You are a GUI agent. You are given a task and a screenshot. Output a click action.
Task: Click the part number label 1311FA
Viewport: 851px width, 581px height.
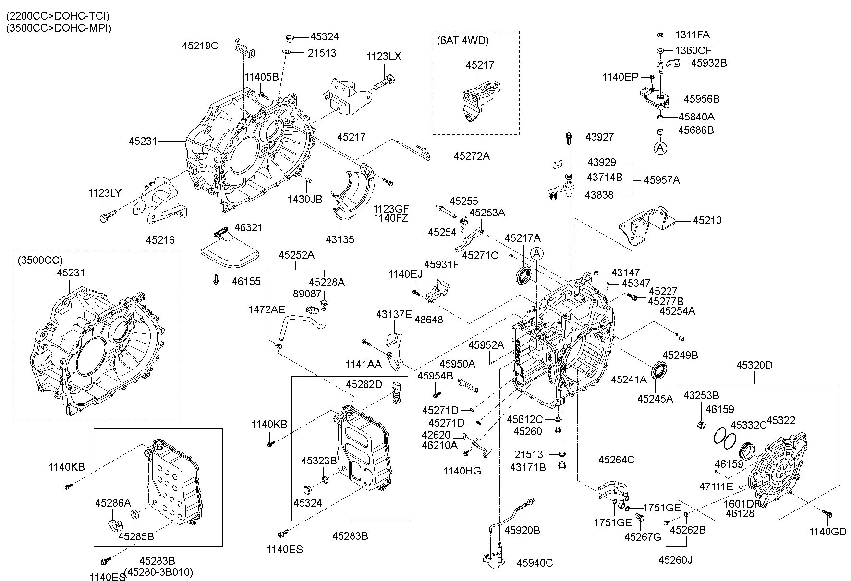click(692, 35)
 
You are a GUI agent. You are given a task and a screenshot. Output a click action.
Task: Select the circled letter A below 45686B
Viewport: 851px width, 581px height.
click(661, 148)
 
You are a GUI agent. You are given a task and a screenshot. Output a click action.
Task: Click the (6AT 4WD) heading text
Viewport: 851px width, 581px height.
click(462, 41)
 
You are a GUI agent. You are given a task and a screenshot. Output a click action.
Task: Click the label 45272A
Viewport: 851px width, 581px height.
click(472, 156)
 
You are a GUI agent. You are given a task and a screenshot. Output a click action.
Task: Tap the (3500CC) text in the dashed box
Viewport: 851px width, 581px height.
click(41, 260)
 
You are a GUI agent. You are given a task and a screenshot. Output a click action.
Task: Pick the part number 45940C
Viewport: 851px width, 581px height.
click(535, 563)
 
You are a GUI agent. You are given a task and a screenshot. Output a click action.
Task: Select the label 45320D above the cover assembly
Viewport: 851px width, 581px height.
click(754, 366)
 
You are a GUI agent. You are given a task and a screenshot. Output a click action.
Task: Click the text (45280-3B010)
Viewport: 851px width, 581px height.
click(159, 572)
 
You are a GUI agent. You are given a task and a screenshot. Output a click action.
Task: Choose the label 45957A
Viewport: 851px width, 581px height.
click(662, 180)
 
